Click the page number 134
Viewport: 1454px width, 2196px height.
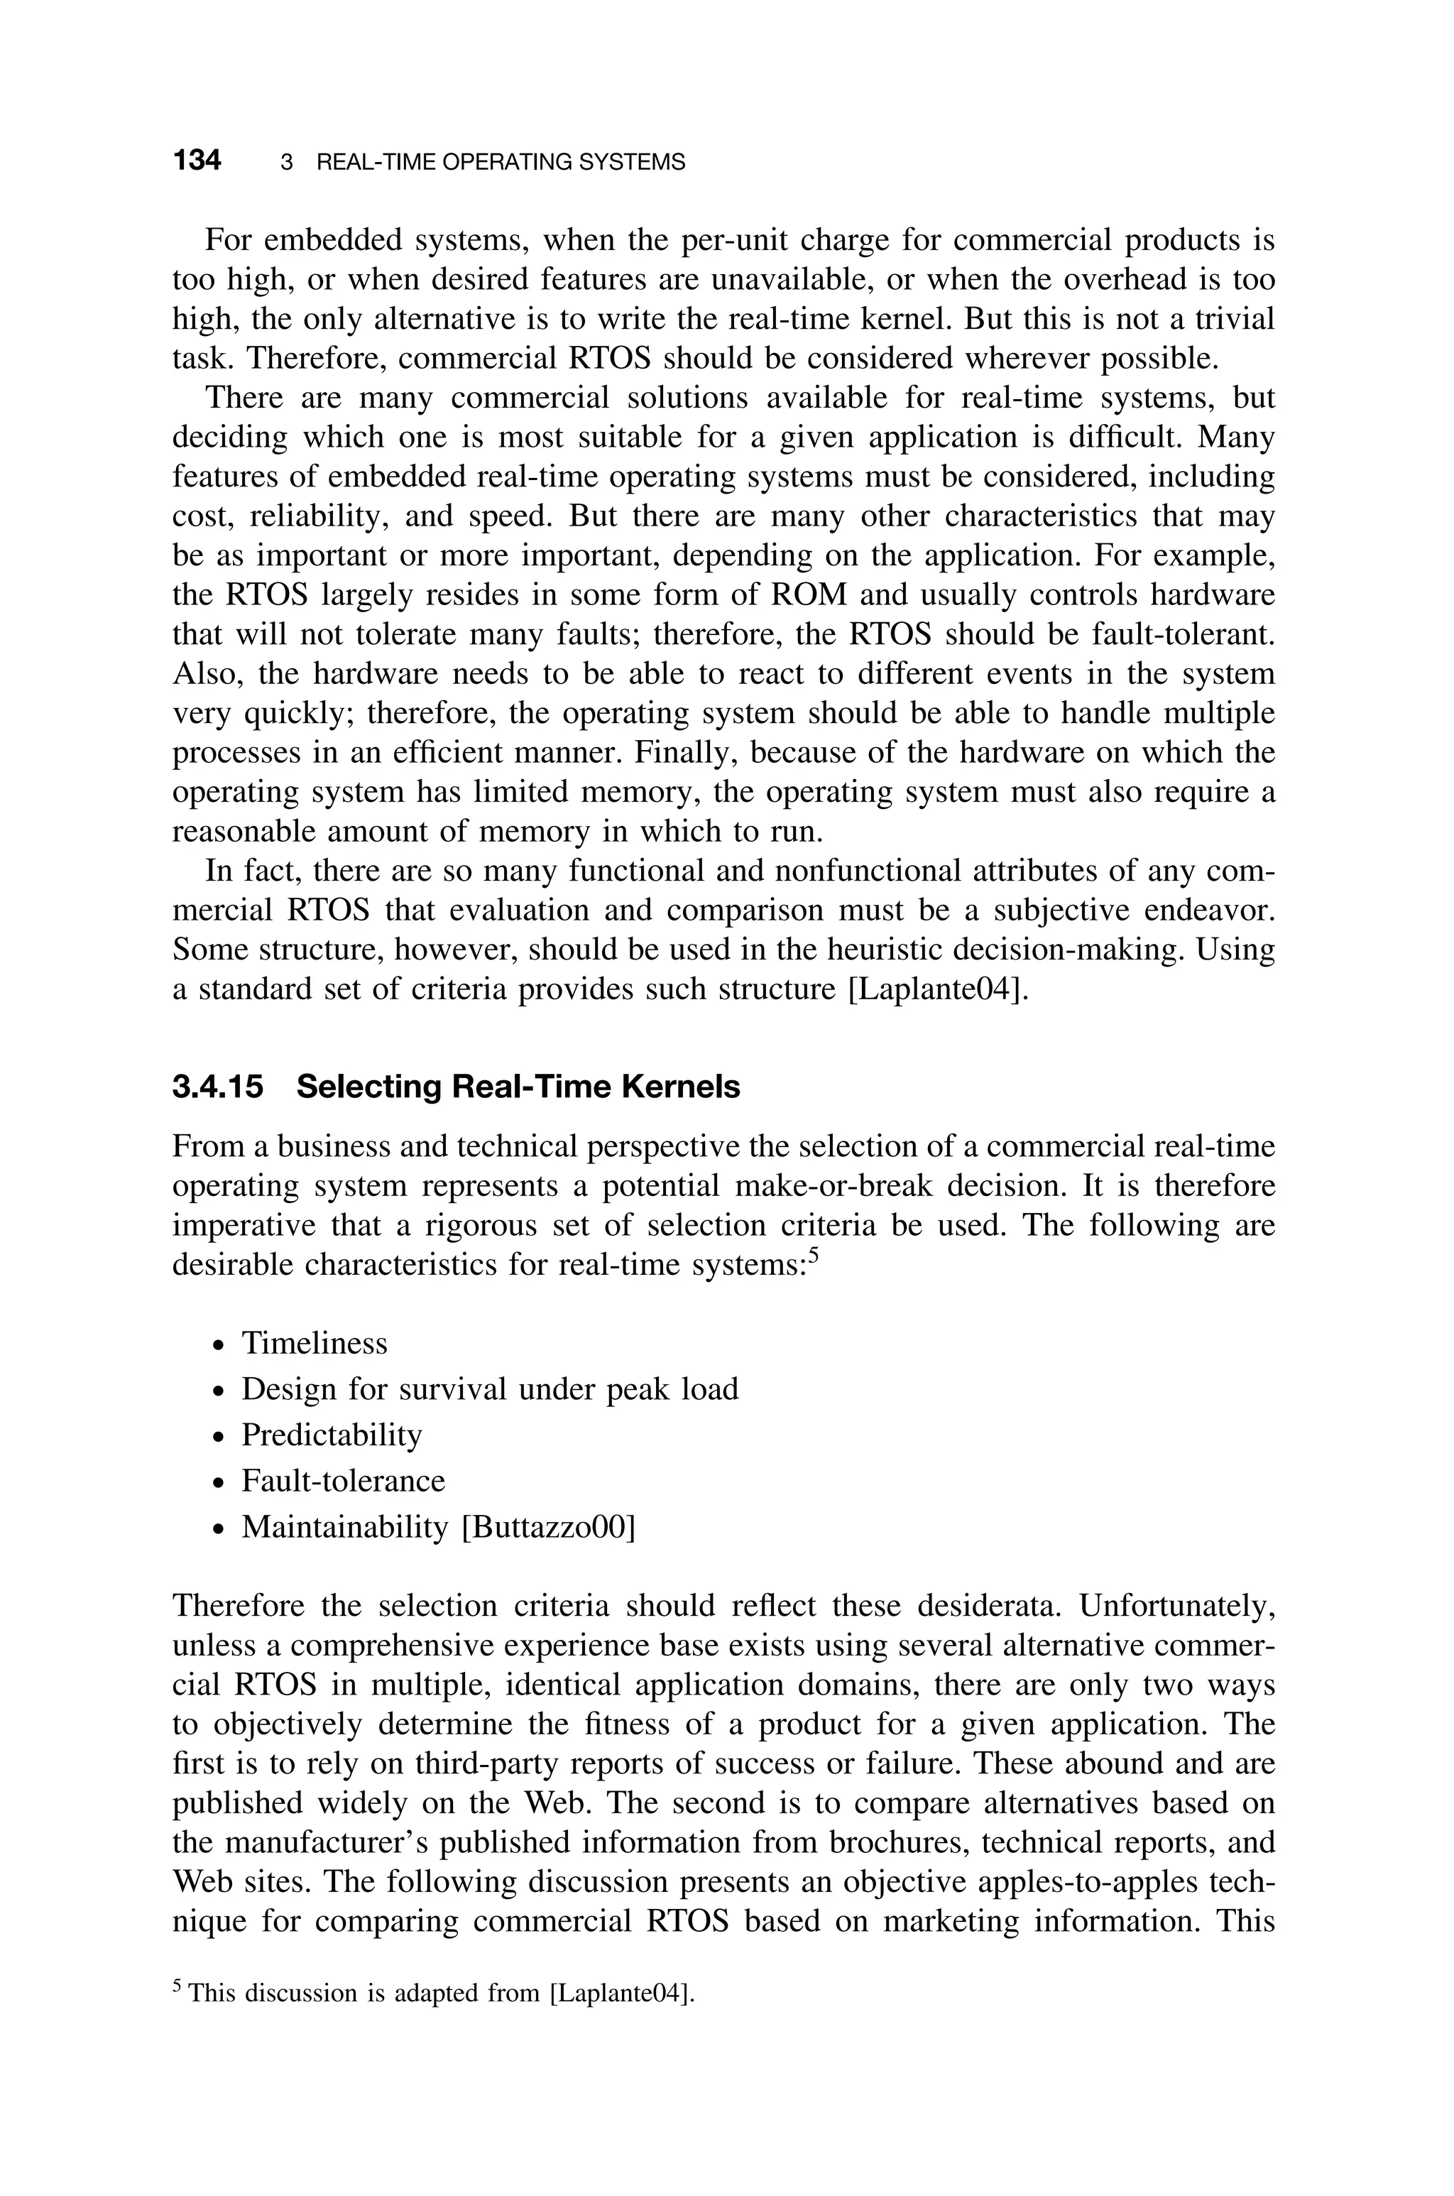click(x=197, y=161)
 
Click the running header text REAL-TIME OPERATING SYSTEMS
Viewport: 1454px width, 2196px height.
click(x=501, y=163)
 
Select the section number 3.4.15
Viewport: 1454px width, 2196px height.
click(x=218, y=1087)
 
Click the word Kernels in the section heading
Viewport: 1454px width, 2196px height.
click(x=681, y=1087)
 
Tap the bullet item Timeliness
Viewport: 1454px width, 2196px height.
click(x=315, y=1344)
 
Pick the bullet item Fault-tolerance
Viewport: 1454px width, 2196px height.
click(x=343, y=1480)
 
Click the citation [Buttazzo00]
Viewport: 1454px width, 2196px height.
click(x=548, y=1526)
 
